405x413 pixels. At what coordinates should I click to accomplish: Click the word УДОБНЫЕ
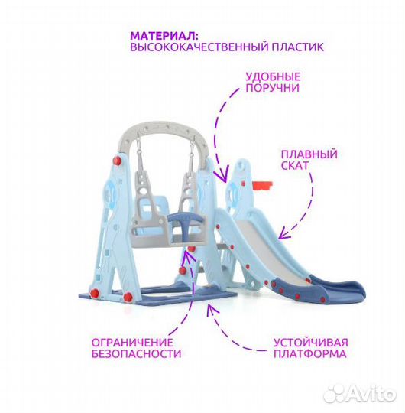(273, 77)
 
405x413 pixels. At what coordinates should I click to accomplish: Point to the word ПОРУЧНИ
(273, 88)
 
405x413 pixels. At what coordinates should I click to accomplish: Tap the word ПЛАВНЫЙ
(309, 154)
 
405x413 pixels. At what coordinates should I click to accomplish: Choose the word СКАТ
(295, 165)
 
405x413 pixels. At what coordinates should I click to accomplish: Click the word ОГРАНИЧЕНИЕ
(132, 343)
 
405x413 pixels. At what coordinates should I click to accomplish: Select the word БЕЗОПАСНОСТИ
(136, 354)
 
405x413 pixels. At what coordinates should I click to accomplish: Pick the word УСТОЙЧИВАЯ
(311, 343)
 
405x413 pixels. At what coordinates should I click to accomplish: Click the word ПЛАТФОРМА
(310, 354)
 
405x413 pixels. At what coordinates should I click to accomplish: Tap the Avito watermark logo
(360, 394)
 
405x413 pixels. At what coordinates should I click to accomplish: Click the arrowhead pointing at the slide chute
(283, 233)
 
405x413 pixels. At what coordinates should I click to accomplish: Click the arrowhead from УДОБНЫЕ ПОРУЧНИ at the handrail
(222, 176)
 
